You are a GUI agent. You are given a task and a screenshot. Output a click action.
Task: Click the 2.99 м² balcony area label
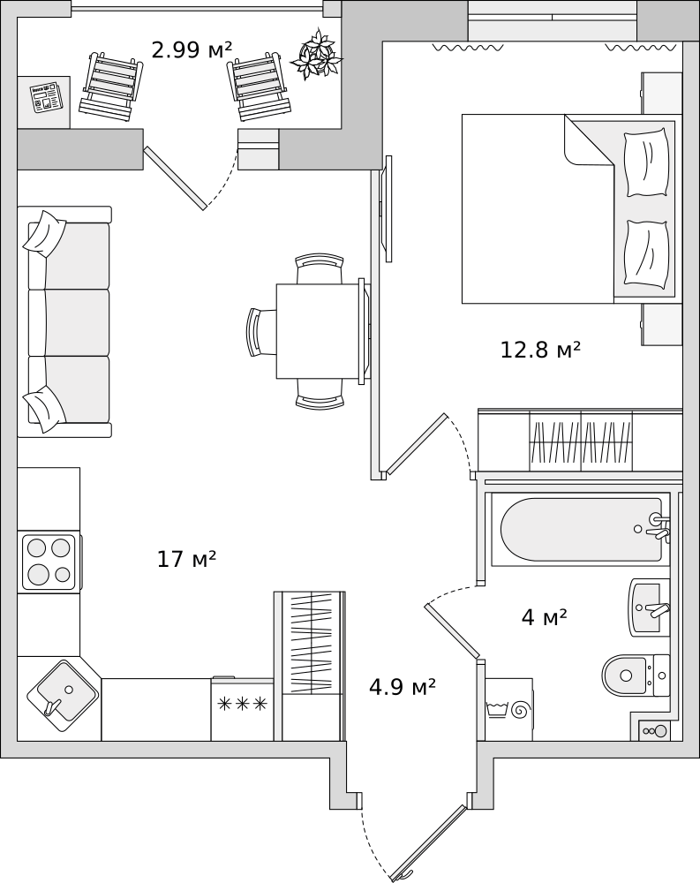pos(192,50)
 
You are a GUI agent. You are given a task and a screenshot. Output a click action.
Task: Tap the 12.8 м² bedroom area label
pos(540,350)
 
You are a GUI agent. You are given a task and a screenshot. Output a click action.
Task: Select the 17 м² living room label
pos(186,559)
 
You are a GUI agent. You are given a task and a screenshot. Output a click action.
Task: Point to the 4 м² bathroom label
pos(544,618)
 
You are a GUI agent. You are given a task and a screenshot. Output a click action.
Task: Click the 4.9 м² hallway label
pos(403,686)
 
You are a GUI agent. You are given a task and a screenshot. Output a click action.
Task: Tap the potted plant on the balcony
pos(317,54)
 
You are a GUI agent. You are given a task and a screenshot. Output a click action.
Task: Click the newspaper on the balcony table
pos(47,97)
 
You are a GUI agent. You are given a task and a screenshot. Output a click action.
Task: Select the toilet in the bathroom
pos(636,675)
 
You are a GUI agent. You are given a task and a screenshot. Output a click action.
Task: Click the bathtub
pos(581,529)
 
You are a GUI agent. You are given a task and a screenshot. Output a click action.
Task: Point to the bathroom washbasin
pos(649,608)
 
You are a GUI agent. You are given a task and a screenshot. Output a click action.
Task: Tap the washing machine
pos(508,710)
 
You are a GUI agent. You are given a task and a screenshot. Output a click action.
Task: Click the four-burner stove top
pos(49,562)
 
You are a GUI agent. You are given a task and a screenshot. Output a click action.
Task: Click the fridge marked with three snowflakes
pos(242,709)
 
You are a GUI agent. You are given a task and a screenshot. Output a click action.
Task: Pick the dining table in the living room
pos(318,331)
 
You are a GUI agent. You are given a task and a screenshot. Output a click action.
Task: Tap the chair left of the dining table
pos(260,332)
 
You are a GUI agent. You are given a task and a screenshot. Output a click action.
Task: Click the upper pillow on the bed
pos(646,162)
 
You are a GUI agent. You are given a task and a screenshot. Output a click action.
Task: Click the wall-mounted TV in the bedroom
pos(388,209)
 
